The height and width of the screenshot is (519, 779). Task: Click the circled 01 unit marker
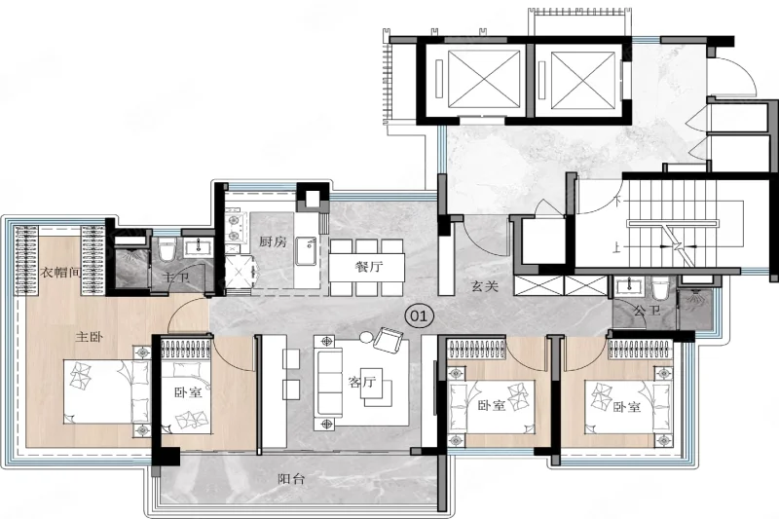[420, 315]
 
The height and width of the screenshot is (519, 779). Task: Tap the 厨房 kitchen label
[273, 241]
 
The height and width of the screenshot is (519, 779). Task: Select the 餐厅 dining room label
[369, 267]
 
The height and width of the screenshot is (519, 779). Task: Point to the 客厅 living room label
[361, 382]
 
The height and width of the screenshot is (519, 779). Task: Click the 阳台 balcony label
[291, 479]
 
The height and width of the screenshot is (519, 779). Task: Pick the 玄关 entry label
[484, 286]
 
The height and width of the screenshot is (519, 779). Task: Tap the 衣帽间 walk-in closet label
[60, 272]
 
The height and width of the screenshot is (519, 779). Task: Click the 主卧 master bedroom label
[90, 337]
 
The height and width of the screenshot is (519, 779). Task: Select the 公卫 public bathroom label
[648, 311]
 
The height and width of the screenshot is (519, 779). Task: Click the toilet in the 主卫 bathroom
[167, 249]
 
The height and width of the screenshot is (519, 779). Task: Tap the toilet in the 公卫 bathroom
[661, 289]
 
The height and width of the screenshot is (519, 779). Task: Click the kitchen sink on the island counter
[307, 251]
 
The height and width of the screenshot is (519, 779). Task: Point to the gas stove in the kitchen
[233, 228]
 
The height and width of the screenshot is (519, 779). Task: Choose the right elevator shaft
[582, 81]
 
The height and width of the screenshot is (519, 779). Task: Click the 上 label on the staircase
[617, 246]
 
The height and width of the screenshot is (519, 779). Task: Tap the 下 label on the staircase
[617, 202]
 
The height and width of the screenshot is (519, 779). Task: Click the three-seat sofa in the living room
[328, 383]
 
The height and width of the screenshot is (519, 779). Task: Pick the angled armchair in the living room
[388, 340]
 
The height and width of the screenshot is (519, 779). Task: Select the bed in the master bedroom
[107, 391]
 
